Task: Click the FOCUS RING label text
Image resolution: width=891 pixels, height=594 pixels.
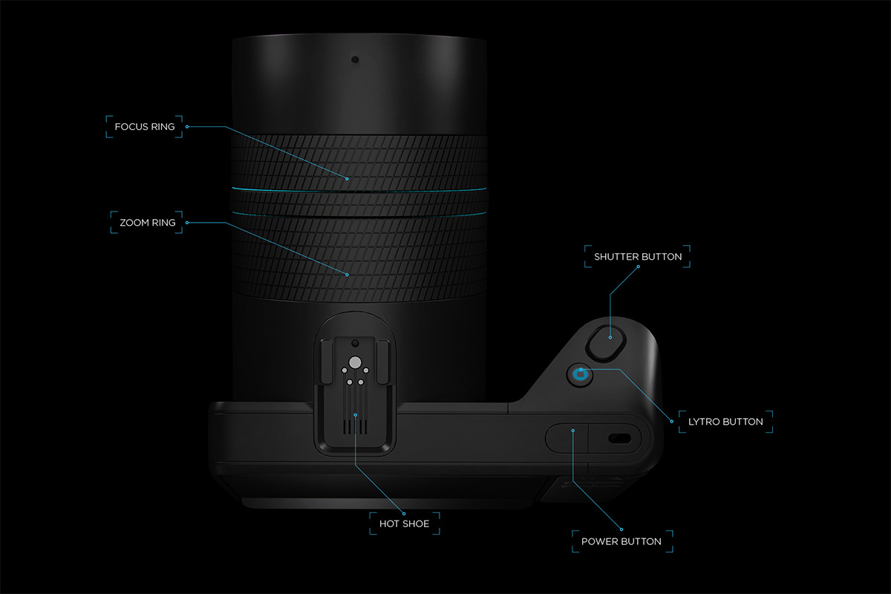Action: pyautogui.click(x=145, y=127)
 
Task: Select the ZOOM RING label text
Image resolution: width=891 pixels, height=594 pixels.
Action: pyautogui.click(x=148, y=222)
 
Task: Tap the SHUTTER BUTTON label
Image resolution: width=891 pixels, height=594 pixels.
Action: pyautogui.click(x=638, y=257)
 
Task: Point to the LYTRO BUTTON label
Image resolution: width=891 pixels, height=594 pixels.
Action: pyautogui.click(x=725, y=422)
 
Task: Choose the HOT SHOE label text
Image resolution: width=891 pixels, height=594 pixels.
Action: pyautogui.click(x=404, y=524)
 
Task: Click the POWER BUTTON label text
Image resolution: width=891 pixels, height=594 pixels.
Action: pyautogui.click(x=621, y=541)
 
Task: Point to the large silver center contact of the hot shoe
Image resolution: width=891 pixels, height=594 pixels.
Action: pyautogui.click(x=355, y=363)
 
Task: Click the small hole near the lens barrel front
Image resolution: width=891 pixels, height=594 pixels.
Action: pyautogui.click(x=355, y=59)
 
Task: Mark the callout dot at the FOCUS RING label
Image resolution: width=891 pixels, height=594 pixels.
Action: pyautogui.click(x=186, y=127)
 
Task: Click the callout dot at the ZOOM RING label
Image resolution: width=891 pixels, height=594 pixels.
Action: pyautogui.click(x=186, y=222)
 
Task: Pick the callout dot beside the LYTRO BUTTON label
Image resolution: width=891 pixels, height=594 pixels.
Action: pyautogui.click(x=672, y=422)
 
